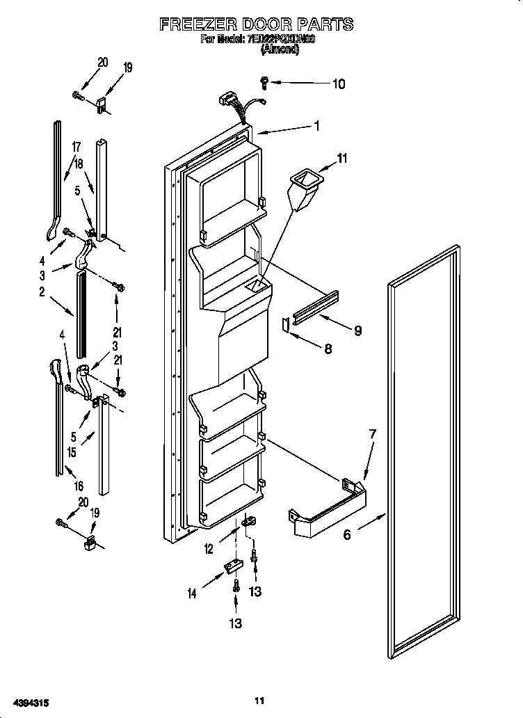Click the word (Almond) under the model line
pyautogui.click(x=280, y=49)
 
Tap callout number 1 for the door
pyautogui.click(x=316, y=126)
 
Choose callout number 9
pyautogui.click(x=357, y=330)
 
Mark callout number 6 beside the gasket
pyautogui.click(x=346, y=534)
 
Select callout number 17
pyautogui.click(x=77, y=147)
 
